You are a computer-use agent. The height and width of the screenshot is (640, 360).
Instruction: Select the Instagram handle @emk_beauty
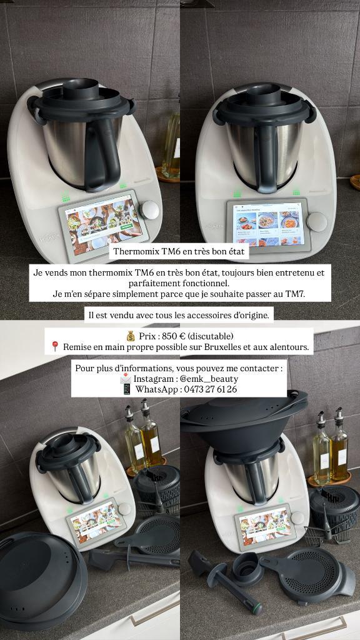pos(209,379)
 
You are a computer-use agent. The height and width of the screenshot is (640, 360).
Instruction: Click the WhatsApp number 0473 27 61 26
pos(201,389)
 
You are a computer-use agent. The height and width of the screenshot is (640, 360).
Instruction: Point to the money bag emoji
pos(131,336)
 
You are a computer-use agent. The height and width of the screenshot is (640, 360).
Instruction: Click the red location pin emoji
pos(55,346)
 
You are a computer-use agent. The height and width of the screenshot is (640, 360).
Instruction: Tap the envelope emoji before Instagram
pos(126,379)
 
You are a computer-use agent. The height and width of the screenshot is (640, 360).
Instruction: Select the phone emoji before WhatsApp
pos(127,389)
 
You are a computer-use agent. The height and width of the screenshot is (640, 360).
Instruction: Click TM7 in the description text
pos(293,293)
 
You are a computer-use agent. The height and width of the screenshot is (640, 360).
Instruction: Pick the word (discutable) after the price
pos(211,336)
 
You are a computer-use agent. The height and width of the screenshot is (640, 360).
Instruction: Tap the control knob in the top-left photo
pos(150,209)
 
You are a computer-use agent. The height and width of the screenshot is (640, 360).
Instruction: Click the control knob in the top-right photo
pos(316,222)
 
